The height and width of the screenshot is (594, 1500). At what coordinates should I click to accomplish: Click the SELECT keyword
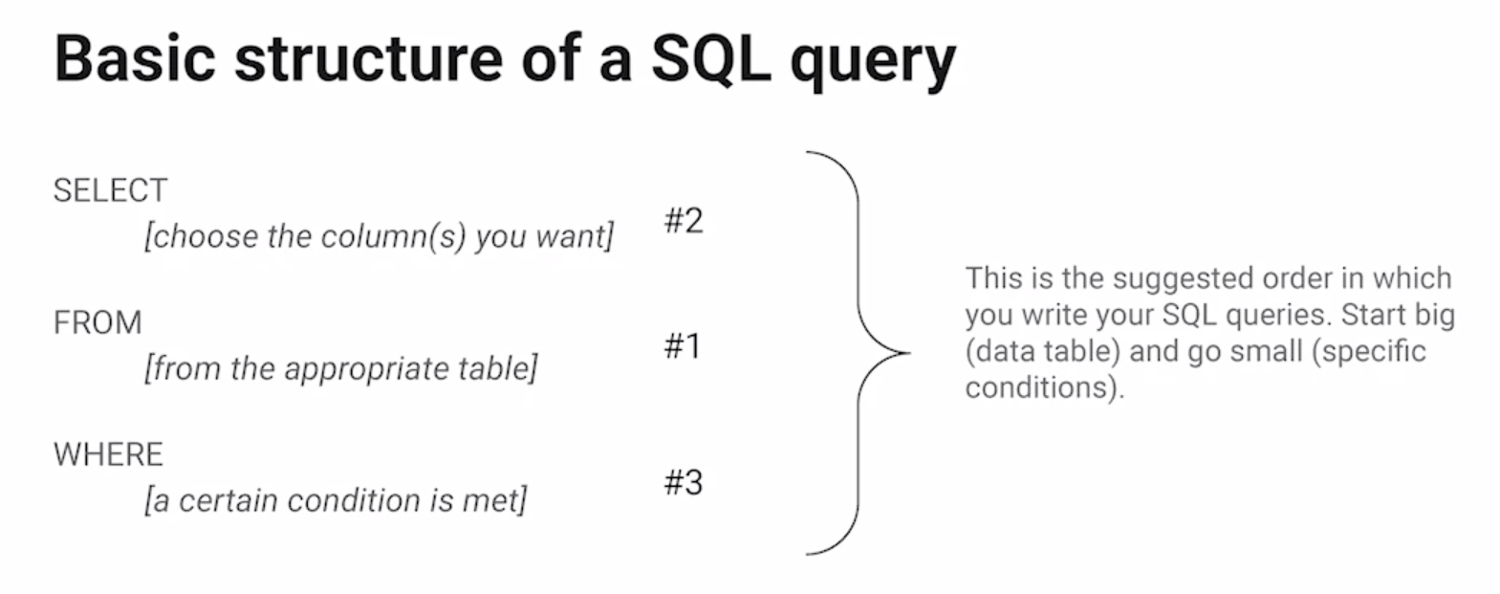(110, 190)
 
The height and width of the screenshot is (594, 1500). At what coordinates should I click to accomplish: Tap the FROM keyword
(98, 322)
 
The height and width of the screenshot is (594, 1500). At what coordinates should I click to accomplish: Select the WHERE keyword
(108, 453)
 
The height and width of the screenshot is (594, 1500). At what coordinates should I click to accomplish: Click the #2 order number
(684, 221)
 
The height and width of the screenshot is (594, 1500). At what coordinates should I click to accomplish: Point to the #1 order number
(683, 345)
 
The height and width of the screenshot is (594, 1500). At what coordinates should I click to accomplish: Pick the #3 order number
(684, 482)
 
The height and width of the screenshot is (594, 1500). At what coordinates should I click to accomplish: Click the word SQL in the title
(710, 57)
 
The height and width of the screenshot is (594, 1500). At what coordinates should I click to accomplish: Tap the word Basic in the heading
(135, 57)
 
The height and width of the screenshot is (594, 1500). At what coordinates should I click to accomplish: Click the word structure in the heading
(368, 57)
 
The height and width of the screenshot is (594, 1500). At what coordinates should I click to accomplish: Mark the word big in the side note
(1434, 315)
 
